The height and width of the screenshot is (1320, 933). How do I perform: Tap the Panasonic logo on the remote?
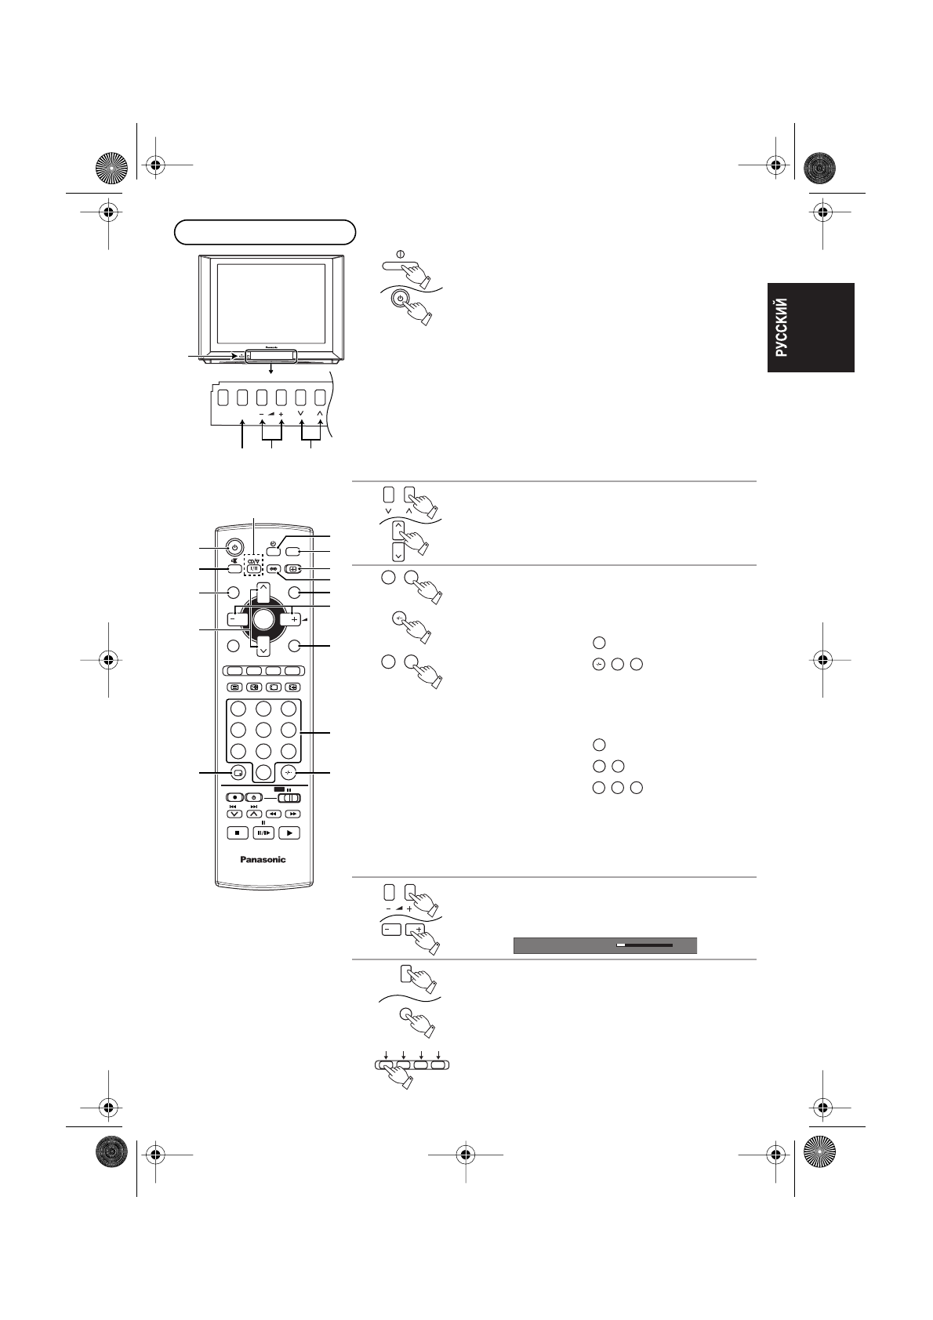click(263, 859)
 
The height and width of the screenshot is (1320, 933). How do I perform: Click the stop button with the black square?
click(236, 833)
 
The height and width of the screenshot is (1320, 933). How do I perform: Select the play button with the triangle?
click(289, 833)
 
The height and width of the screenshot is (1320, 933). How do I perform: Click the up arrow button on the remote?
click(263, 589)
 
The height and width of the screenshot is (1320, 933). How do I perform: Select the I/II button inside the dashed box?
click(253, 570)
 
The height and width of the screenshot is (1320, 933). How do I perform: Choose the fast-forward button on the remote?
click(292, 814)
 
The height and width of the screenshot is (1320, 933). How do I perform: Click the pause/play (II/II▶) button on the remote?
click(263, 833)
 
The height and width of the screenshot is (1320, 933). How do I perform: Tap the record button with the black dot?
click(234, 797)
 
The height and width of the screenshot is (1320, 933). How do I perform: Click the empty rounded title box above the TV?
click(265, 232)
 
